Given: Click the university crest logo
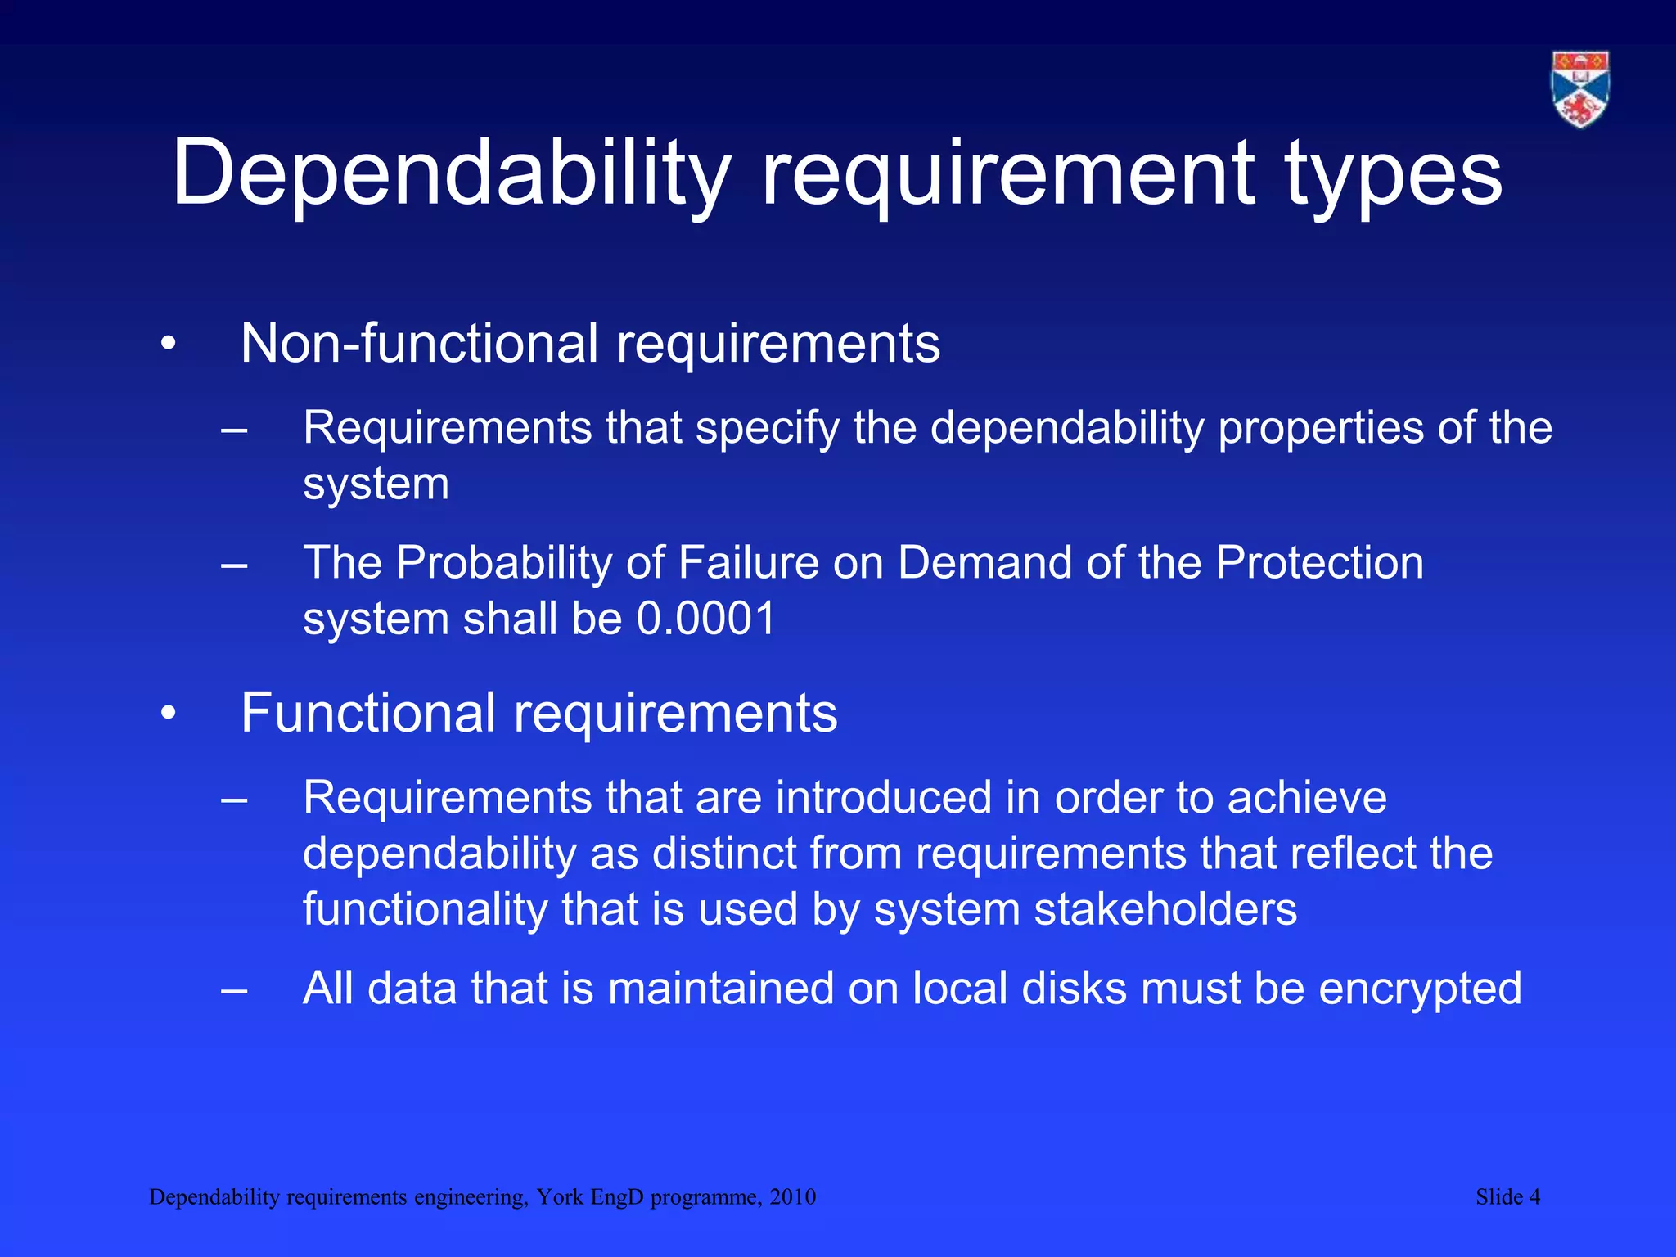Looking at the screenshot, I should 1580,89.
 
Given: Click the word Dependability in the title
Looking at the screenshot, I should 451,173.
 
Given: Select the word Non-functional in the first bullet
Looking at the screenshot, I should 419,343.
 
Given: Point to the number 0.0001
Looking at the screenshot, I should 706,619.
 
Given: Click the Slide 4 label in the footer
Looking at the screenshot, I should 1507,1197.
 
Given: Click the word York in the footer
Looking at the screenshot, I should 561,1197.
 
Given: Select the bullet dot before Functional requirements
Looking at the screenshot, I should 169,714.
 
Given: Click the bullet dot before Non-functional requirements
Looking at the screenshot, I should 169,345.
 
